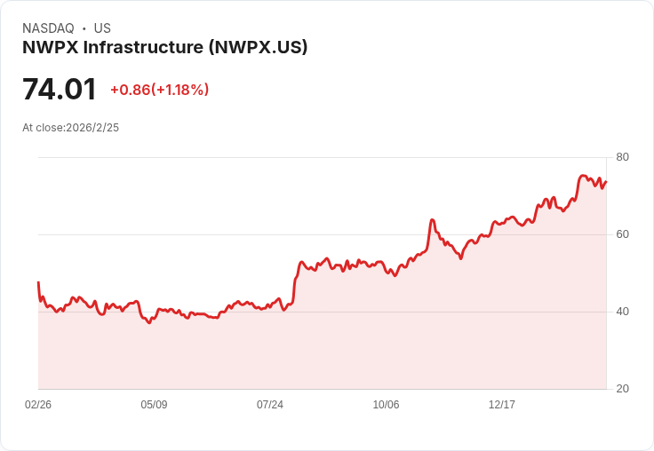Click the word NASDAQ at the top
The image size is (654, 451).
click(x=48, y=28)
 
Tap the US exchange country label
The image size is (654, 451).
click(x=102, y=28)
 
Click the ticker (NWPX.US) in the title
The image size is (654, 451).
click(x=259, y=47)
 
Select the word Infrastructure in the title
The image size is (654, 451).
click(x=143, y=47)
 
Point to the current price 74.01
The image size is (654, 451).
click(x=60, y=89)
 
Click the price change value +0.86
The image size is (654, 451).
click(x=130, y=90)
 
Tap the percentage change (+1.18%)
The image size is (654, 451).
click(x=180, y=90)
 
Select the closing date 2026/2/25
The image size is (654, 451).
click(x=92, y=128)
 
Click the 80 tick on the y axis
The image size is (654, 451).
click(x=622, y=157)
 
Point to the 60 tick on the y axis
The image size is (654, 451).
click(x=622, y=234)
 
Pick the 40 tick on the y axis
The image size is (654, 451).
click(x=622, y=312)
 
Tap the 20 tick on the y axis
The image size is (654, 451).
click(x=622, y=389)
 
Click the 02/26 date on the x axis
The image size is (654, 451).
click(x=38, y=404)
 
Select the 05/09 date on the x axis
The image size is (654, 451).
click(x=154, y=404)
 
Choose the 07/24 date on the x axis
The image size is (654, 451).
click(x=270, y=404)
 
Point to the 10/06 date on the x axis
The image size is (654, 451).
click(x=386, y=404)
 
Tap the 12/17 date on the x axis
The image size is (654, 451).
click(x=502, y=404)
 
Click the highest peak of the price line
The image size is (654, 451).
click(x=583, y=176)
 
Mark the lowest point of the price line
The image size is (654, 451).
click(x=149, y=323)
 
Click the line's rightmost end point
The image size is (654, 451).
click(x=606, y=182)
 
